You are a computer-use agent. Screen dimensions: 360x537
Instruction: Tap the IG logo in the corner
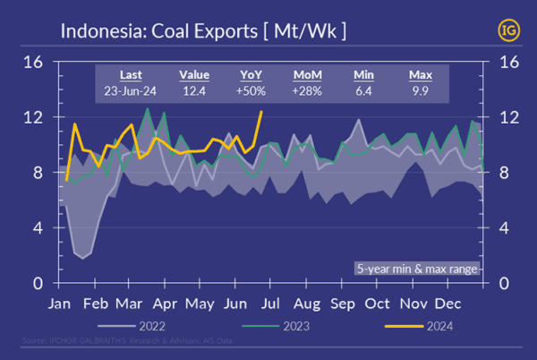pyautogui.click(x=507, y=30)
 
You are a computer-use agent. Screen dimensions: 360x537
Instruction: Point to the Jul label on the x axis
pyautogui.click(x=271, y=303)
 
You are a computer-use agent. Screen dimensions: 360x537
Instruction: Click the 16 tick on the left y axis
pyautogui.click(x=33, y=63)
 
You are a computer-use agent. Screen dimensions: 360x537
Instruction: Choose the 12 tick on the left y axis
pyautogui.click(x=33, y=118)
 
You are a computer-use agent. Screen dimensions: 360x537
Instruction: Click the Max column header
pyautogui.click(x=421, y=74)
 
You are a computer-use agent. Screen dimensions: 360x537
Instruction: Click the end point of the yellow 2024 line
pyautogui.click(x=260, y=112)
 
